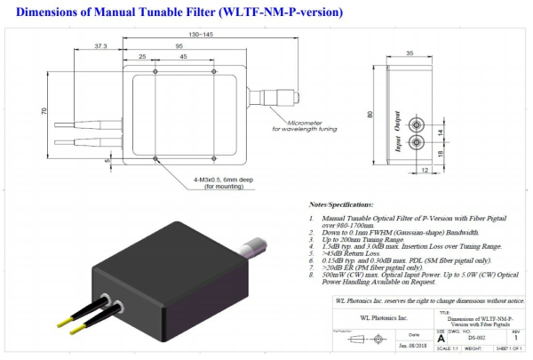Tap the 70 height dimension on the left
point(42,112)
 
